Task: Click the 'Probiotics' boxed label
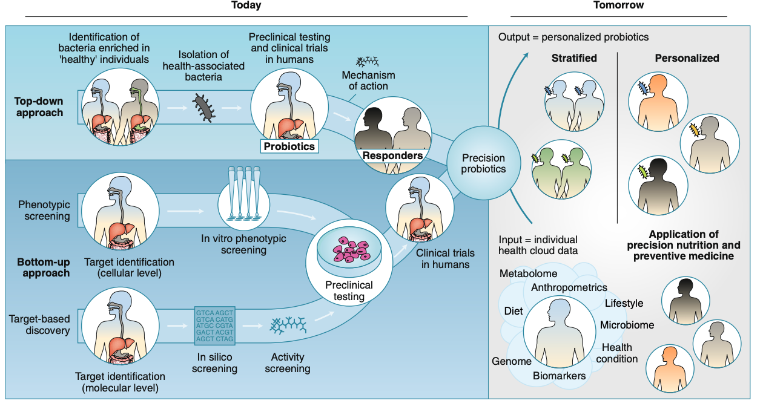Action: pyautogui.click(x=288, y=146)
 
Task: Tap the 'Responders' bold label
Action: pyautogui.click(x=392, y=155)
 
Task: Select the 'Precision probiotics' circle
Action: pyautogui.click(x=483, y=163)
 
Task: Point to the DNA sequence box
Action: pyautogui.click(x=214, y=326)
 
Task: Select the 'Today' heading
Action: pyautogui.click(x=246, y=5)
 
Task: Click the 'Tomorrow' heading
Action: pyautogui.click(x=618, y=5)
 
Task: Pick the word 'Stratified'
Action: pyautogui.click(x=574, y=59)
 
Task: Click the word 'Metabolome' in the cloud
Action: pyautogui.click(x=528, y=274)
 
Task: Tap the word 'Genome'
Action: pyautogui.click(x=511, y=361)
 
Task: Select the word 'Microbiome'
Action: pyautogui.click(x=627, y=325)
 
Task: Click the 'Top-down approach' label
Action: pyautogui.click(x=39, y=107)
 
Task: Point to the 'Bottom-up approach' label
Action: pyautogui.click(x=43, y=267)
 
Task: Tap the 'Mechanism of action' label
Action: pyautogui.click(x=368, y=80)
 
